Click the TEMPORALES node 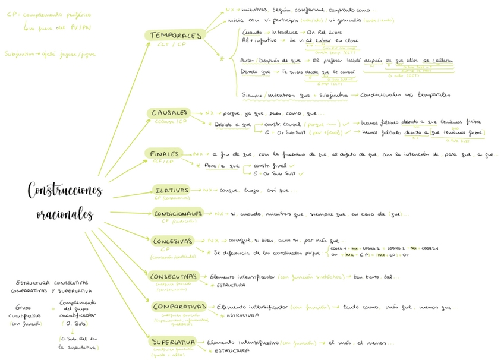(x=175, y=36)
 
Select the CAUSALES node (x=169, y=112)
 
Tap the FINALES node (x=164, y=154)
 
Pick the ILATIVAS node (x=172, y=190)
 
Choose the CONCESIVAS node (x=173, y=241)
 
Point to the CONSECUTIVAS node (x=174, y=277)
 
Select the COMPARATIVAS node (x=179, y=307)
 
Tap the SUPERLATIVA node (x=173, y=343)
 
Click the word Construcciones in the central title (x=65, y=190)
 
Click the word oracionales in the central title (x=64, y=213)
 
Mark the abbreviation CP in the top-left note (x=12, y=14)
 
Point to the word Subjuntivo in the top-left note (x=18, y=54)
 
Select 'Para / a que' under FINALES (x=222, y=166)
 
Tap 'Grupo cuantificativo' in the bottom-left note (x=24, y=312)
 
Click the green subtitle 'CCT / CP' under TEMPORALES (x=172, y=45)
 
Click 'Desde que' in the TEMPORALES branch (x=256, y=71)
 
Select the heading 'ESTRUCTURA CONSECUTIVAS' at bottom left (x=52, y=283)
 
